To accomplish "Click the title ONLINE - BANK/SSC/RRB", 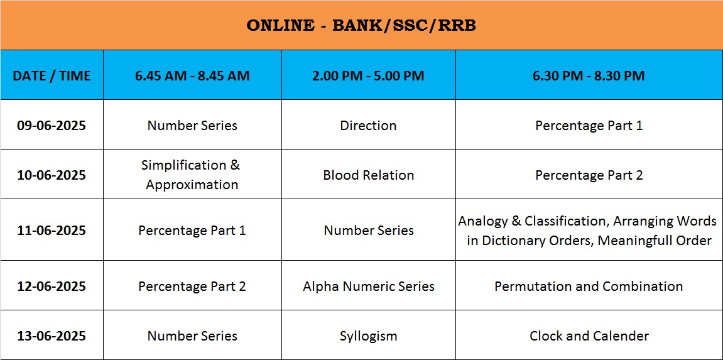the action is coord(361,25).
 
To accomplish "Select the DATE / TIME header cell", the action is coord(52,75).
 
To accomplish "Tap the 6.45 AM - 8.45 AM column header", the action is coord(192,75).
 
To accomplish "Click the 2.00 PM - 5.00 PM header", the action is coord(369,75).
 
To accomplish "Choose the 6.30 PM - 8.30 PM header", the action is coord(589,75).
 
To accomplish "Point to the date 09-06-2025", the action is coord(52,126).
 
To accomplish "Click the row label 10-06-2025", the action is coord(52,175).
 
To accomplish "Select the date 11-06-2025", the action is coord(52,230).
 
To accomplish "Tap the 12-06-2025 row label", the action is coord(52,286).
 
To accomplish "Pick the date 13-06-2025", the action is coord(52,336).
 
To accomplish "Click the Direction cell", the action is coord(369,126).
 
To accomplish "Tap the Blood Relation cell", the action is coord(369,175).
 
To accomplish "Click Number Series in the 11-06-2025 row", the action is coord(369,230).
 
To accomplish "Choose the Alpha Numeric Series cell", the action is coord(369,286).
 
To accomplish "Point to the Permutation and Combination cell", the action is coord(589,286).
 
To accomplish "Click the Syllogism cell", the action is coord(369,337).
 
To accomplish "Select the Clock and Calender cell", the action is coord(589,336).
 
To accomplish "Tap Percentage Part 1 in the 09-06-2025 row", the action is coord(589,126).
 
